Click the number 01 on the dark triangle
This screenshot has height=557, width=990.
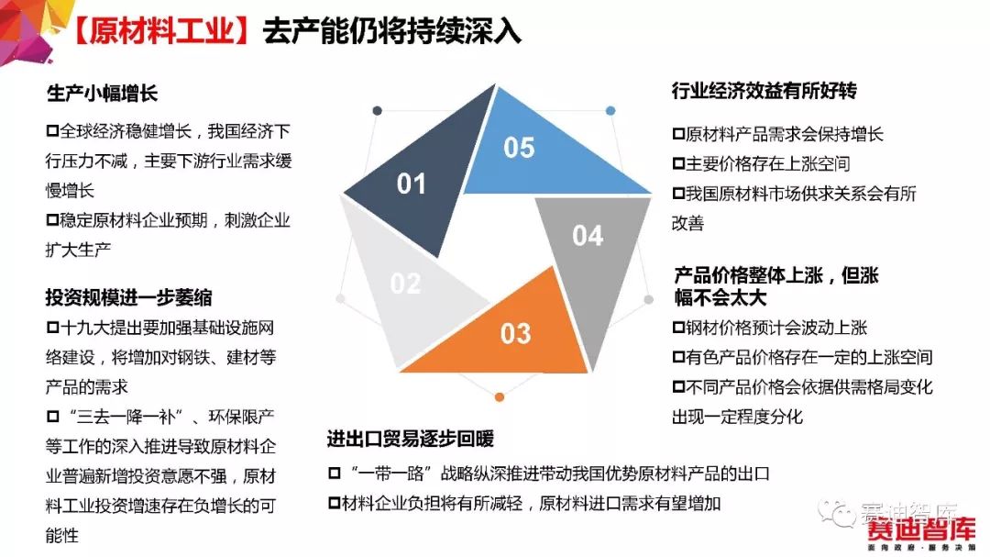pos(411,184)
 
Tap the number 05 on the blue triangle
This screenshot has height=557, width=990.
pos(519,148)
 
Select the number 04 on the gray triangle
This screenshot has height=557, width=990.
pos(588,236)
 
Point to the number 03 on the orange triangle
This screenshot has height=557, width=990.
pos(516,334)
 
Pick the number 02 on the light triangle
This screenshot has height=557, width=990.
pos(405,284)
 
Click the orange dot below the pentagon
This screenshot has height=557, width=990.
pos(500,397)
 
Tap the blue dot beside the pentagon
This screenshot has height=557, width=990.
pos(610,111)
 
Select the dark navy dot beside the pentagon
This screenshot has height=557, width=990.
pos(378,111)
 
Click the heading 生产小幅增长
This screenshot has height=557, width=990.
pos(102,94)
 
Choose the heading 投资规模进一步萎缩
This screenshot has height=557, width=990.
pos(129,297)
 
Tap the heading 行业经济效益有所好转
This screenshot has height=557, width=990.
pos(764,91)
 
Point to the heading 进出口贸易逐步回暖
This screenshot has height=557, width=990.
pos(411,439)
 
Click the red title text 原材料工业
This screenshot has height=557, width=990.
pos(161,31)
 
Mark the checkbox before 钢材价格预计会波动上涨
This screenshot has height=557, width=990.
pos(678,328)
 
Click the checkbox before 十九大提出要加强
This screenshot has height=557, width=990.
pos(52,328)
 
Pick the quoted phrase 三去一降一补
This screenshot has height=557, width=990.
pos(126,417)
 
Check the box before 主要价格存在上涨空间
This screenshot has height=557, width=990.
pos(678,163)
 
